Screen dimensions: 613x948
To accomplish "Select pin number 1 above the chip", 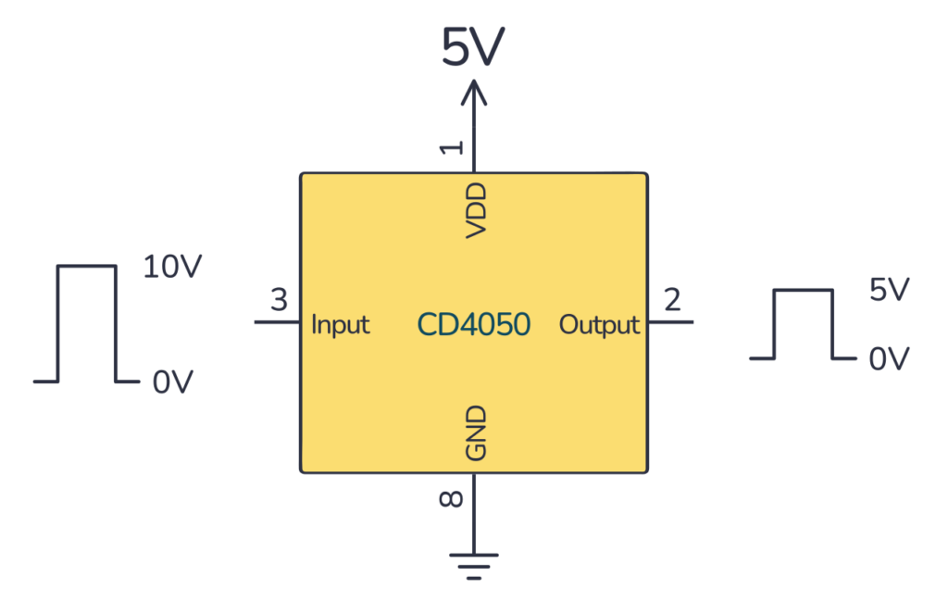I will (451, 147).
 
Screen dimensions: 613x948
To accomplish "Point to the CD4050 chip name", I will (473, 324).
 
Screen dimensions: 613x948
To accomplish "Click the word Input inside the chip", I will (340, 325).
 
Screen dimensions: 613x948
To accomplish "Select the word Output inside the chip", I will (599, 325).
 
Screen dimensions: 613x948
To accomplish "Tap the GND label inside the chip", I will (475, 432).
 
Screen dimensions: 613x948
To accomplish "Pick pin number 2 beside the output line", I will (672, 300).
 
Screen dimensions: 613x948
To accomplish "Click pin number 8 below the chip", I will (451, 499).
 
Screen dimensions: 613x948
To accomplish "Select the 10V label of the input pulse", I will (172, 268).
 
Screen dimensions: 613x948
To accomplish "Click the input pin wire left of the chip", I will (277, 322).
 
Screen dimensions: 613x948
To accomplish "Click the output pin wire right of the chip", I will (670, 322).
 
